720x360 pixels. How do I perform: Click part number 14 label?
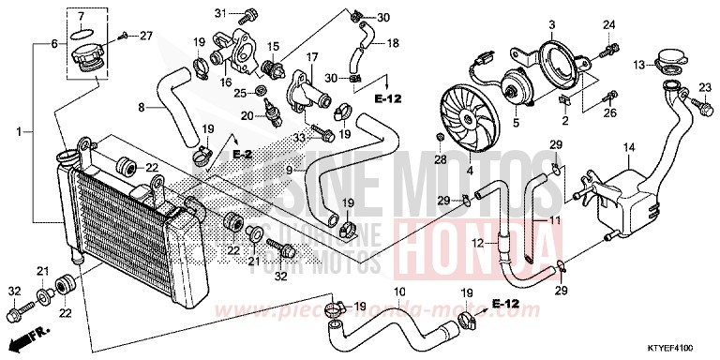click(x=629, y=147)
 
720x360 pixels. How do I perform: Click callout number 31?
click(x=221, y=12)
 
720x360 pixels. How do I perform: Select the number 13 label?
click(x=637, y=66)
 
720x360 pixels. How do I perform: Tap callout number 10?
click(x=398, y=292)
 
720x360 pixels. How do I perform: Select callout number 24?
click(x=607, y=24)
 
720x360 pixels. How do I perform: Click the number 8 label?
click(x=142, y=108)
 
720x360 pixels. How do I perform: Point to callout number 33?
click(x=301, y=139)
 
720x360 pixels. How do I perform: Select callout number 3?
click(x=552, y=23)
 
